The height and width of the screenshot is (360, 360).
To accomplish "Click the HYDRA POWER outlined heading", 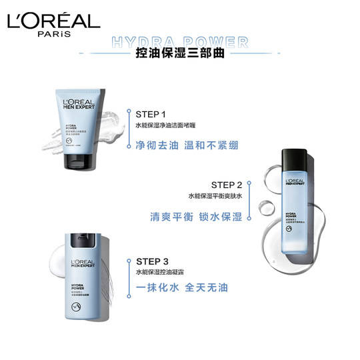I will (x=180, y=43).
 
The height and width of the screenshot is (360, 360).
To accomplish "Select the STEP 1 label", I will (x=151, y=114).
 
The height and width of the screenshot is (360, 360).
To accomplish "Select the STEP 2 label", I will (x=227, y=185).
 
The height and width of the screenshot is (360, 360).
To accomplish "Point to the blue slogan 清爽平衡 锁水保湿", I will (x=196, y=217).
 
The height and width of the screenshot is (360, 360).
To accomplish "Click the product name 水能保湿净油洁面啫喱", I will (x=170, y=125).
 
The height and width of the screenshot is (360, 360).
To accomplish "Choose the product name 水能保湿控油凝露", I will (x=165, y=272).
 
